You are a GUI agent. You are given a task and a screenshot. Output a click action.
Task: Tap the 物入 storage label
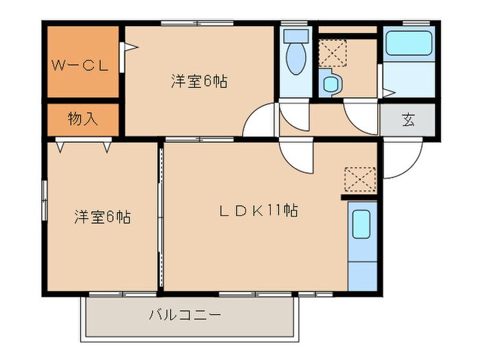pos(82,119)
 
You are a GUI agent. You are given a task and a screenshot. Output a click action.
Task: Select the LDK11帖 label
pos(258,211)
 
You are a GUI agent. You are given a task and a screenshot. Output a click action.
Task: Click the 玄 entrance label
pos(408,120)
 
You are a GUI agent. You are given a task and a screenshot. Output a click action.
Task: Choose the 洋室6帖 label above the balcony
pos(102,218)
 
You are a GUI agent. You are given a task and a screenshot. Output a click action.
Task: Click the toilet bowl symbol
pos(296,60)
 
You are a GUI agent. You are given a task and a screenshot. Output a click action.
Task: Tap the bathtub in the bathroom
pos(407,45)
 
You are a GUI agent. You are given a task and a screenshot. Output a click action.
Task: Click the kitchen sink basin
pos(361,224)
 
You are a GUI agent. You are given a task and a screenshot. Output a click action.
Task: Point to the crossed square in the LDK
pos(361,179)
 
